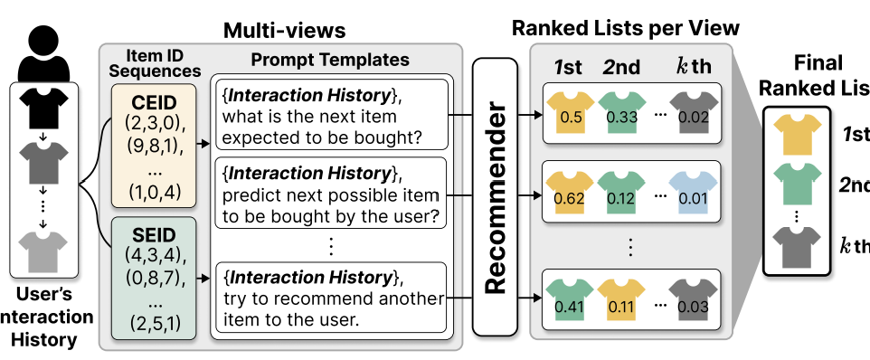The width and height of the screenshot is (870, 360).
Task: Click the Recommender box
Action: click(x=495, y=197)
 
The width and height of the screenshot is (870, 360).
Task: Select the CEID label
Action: click(x=153, y=104)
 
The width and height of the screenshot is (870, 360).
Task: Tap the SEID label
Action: click(x=153, y=235)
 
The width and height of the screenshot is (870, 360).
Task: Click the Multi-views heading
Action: click(x=284, y=31)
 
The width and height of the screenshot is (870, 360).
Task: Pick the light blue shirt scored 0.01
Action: click(x=693, y=193)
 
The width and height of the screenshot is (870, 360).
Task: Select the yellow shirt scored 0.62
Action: click(x=570, y=193)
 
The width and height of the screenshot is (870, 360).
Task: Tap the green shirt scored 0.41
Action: click(x=570, y=299)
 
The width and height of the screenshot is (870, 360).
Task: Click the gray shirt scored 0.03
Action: click(x=693, y=299)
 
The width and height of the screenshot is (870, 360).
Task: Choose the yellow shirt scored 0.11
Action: click(x=622, y=299)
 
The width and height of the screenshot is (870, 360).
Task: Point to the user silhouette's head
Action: click(x=43, y=40)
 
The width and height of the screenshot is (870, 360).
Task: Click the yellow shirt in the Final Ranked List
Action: click(x=798, y=135)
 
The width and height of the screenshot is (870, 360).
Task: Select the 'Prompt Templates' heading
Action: click(x=330, y=60)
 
